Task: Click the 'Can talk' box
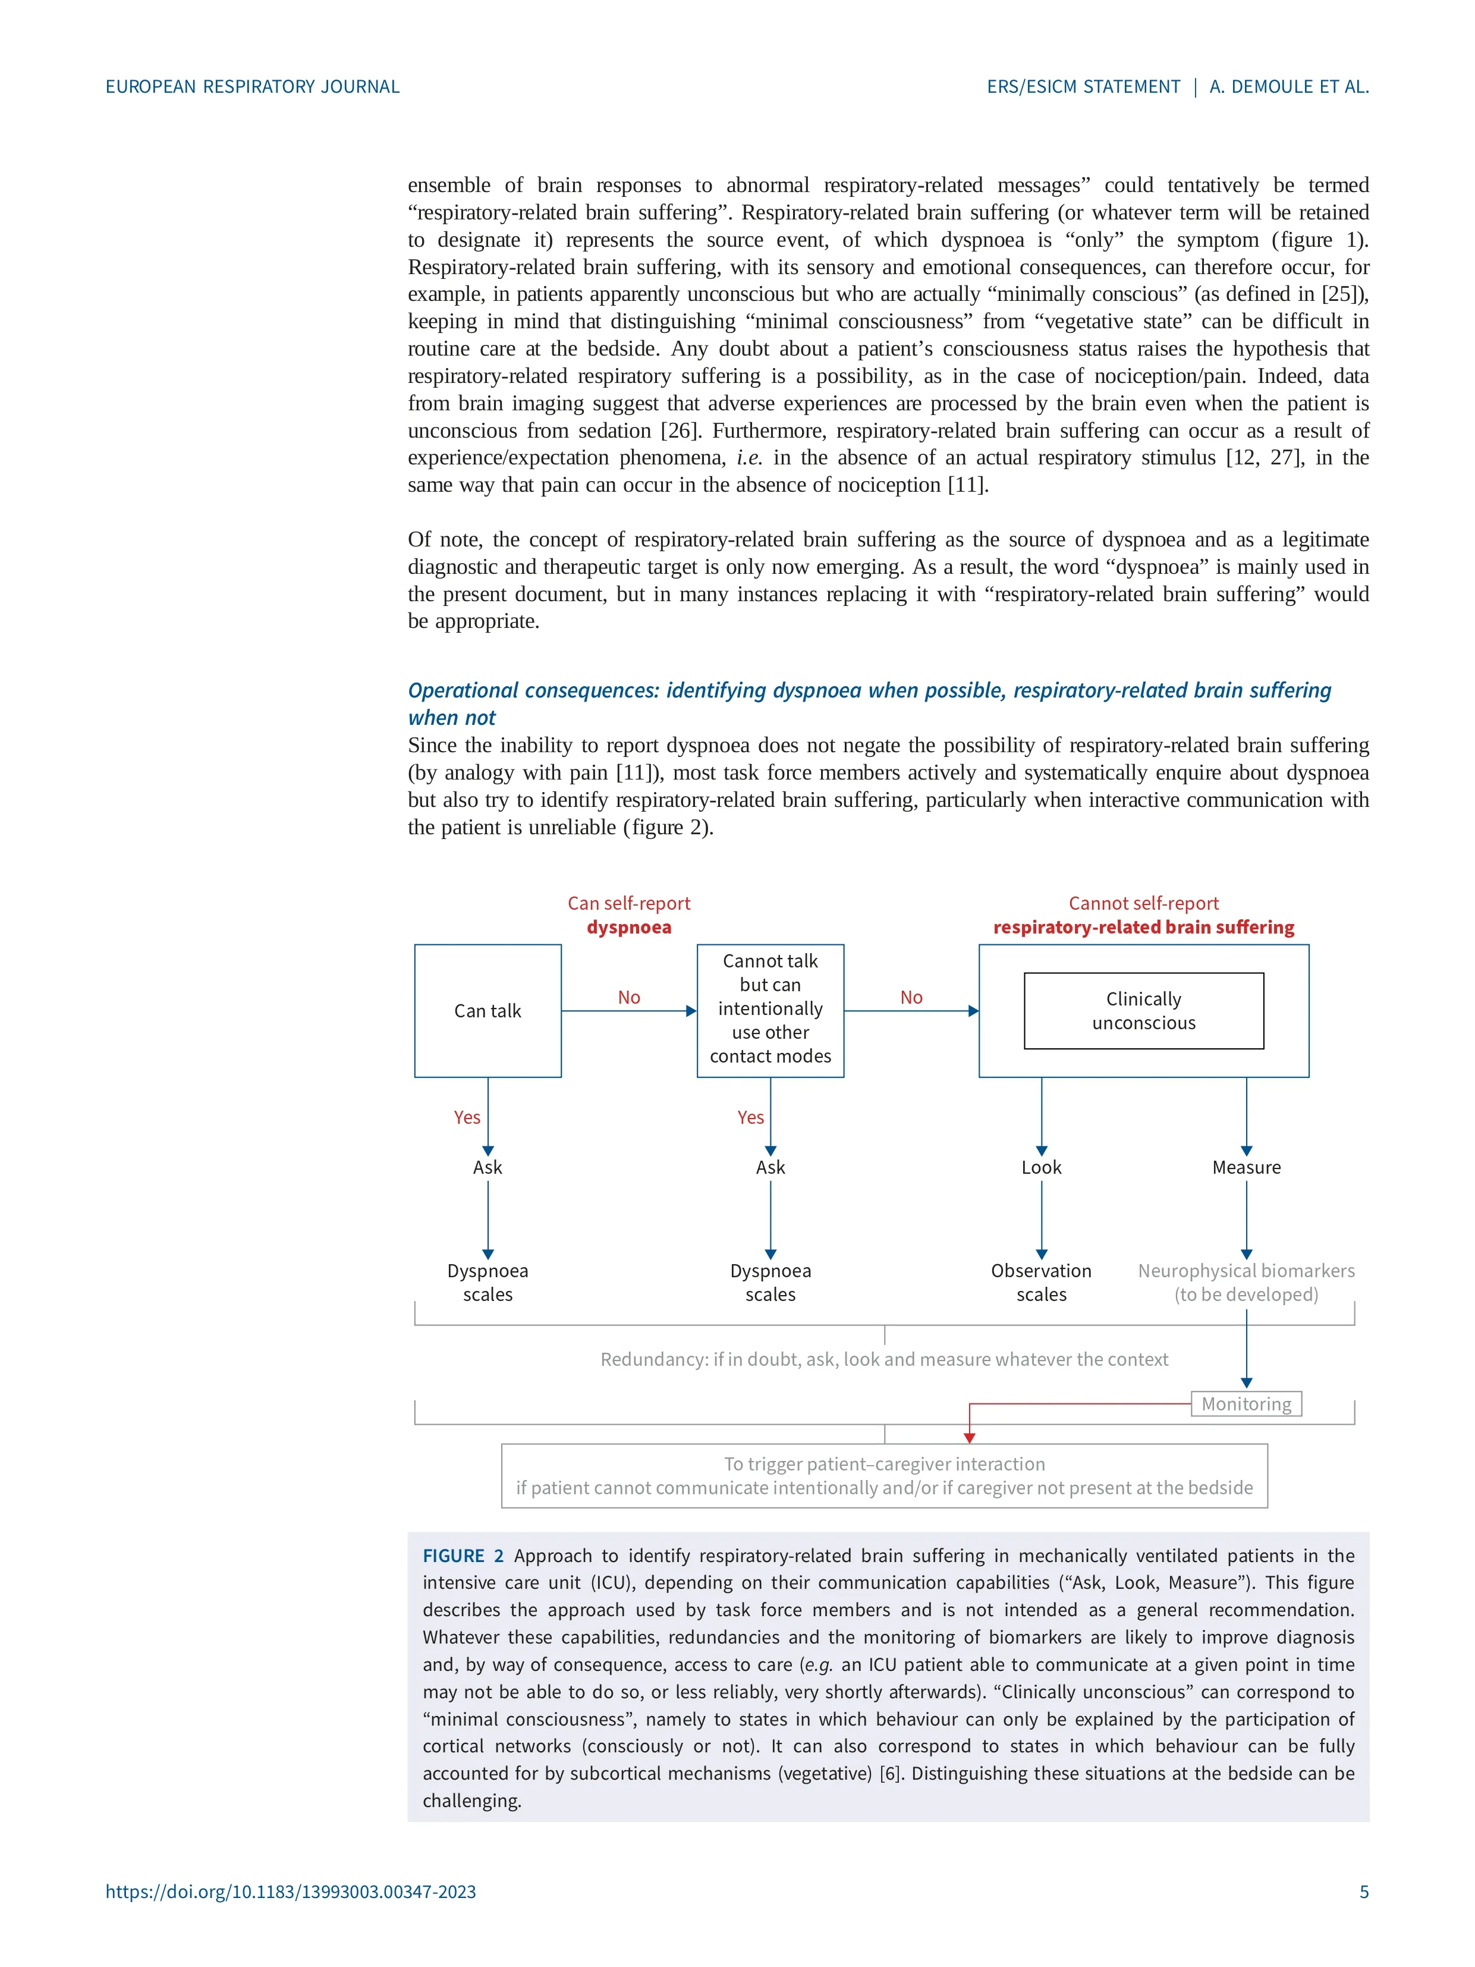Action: point(488,1010)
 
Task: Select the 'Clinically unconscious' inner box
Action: point(1143,1010)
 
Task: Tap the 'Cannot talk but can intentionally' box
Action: point(770,1008)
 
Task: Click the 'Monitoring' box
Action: point(1246,1403)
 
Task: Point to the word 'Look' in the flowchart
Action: point(1041,1167)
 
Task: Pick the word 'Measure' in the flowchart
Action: point(1246,1167)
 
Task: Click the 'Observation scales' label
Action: point(1041,1282)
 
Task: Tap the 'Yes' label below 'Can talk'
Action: point(467,1117)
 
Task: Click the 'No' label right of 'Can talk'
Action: point(628,997)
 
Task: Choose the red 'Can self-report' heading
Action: point(628,903)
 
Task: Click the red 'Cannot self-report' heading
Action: point(1143,903)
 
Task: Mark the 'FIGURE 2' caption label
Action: point(463,1556)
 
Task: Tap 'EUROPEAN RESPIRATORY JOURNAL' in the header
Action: point(253,86)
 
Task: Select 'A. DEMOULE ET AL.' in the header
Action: point(1288,86)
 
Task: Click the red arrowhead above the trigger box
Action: point(969,1438)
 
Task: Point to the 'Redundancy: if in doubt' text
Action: point(884,1359)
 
